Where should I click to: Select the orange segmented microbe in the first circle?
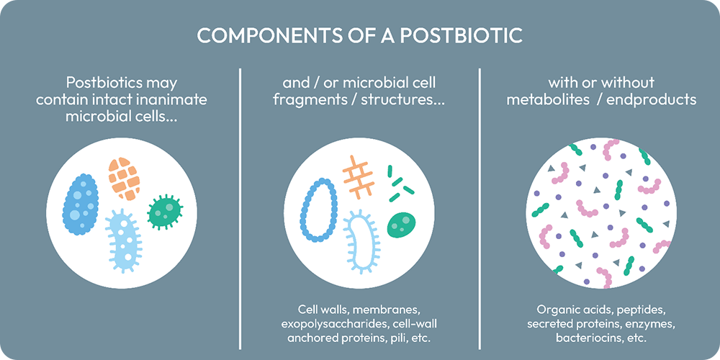[x=124, y=179]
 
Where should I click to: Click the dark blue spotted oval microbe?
[x=81, y=204]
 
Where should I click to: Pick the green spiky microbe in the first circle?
[x=166, y=211]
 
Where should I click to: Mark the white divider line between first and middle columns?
[x=240, y=209]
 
